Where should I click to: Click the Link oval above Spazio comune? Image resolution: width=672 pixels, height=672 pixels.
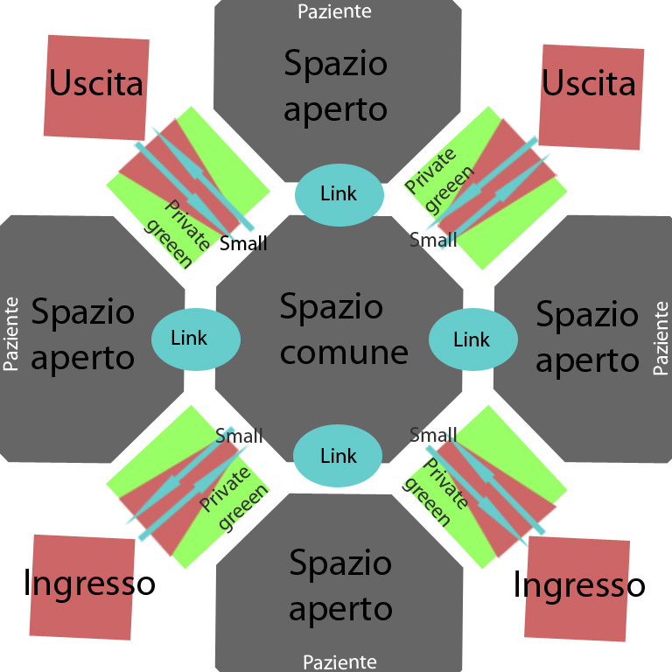(x=339, y=193)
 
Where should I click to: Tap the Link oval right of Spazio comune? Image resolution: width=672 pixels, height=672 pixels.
(x=472, y=339)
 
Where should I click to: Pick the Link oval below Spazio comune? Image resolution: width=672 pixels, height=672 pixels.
(x=338, y=456)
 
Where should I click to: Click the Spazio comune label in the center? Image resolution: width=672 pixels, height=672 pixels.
(x=344, y=329)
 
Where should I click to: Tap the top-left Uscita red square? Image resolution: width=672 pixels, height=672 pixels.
(x=95, y=86)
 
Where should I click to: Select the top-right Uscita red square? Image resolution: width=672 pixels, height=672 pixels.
(x=590, y=96)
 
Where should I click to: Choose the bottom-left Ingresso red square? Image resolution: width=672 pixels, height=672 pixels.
(x=84, y=584)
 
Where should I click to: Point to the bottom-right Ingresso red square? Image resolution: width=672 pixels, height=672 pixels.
(x=577, y=586)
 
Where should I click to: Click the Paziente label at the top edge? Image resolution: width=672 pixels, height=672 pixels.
(x=334, y=11)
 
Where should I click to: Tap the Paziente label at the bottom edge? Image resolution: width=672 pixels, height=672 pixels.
(x=339, y=661)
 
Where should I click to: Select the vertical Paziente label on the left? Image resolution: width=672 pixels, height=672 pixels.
(x=12, y=333)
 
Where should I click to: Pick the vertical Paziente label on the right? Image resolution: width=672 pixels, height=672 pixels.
(x=661, y=338)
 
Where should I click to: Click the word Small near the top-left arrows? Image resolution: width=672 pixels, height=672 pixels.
(x=243, y=243)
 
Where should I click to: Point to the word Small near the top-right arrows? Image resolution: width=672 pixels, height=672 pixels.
(x=433, y=238)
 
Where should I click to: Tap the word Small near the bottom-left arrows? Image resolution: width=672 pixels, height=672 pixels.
(x=239, y=436)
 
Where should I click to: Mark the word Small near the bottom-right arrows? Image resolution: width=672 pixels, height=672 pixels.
(x=433, y=435)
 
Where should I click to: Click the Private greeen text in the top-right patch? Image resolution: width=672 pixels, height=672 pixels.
(x=434, y=181)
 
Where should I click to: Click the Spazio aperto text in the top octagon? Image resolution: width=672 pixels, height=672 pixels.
(x=335, y=86)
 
